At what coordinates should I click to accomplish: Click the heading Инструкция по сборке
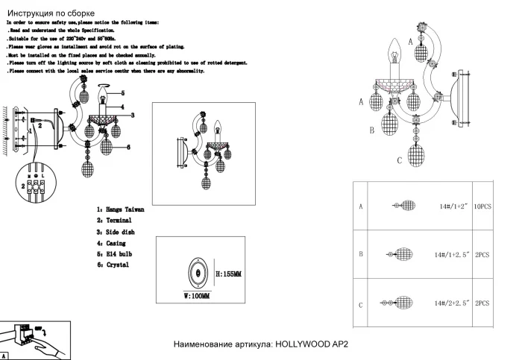coord(50,13)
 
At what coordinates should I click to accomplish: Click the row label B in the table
coord(361,254)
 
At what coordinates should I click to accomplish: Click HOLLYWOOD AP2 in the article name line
coord(312,345)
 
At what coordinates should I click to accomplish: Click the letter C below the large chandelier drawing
coord(400,161)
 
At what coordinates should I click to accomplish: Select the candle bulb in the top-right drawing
coord(394,55)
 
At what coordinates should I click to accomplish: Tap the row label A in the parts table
coord(361,206)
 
